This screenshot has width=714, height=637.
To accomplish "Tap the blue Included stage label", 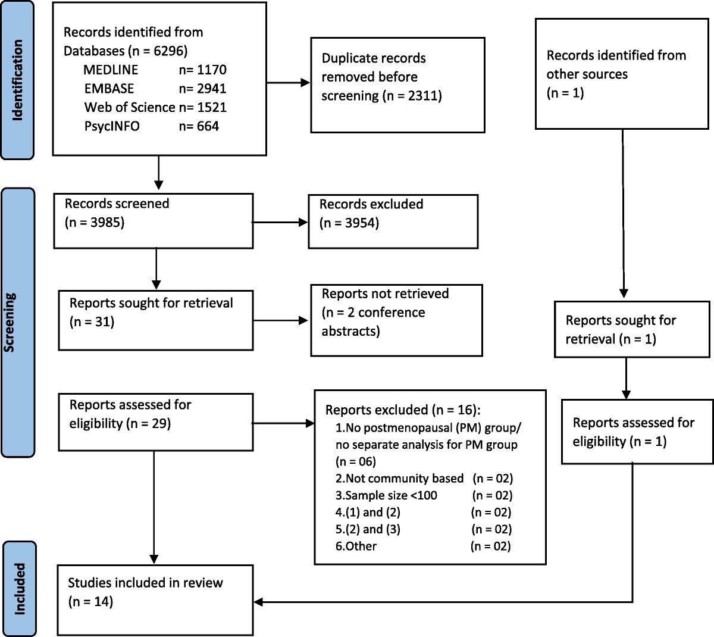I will point(19,588).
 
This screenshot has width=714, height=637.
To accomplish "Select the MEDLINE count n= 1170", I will point(202,70).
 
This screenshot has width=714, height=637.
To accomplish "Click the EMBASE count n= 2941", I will point(202,89).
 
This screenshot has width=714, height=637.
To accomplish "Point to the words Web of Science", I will point(130,108).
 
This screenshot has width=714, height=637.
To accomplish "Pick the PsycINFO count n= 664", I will point(199,126).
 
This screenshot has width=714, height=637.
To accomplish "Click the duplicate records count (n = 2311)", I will point(410,96).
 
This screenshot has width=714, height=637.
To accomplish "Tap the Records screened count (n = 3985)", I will point(95,223).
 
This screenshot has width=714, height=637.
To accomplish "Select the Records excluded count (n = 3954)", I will point(349,223).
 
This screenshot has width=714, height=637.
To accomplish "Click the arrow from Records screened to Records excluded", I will point(280,223).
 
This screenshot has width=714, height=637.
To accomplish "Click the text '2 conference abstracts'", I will point(374,321).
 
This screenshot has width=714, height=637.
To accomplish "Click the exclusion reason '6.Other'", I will point(356,546).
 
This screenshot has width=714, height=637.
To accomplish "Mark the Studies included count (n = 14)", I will point(90,601).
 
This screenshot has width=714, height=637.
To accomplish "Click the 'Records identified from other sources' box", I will point(622,74).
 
